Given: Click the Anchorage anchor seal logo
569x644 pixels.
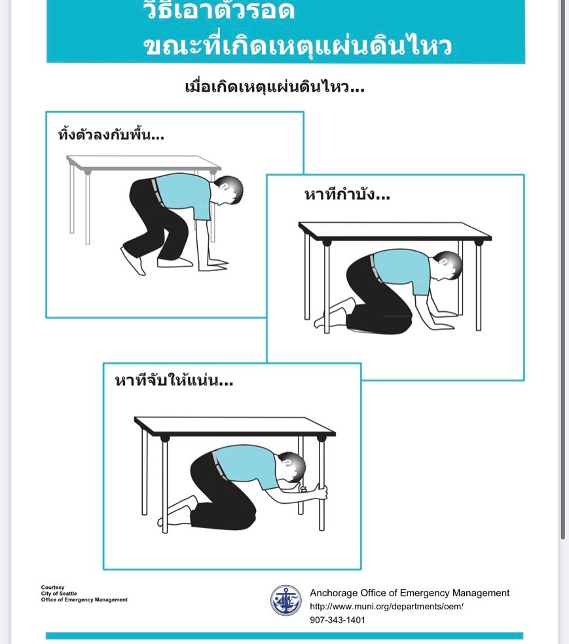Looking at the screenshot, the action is [x=285, y=600].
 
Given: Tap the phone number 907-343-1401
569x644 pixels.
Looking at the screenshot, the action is [x=337, y=620].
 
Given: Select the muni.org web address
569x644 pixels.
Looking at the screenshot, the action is [x=386, y=606].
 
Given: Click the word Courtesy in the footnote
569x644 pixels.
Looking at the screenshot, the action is [x=52, y=587].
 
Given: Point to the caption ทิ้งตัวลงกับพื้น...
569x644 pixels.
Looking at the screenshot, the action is [x=111, y=134].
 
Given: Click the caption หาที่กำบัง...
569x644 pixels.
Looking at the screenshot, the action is [x=347, y=194].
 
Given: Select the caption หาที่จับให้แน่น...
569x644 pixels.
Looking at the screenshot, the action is [x=174, y=381].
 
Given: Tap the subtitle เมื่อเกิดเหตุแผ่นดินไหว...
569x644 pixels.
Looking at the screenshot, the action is [x=274, y=86].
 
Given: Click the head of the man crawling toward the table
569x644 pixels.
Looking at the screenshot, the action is [x=229, y=190].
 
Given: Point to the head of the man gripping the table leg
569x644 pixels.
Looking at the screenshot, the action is [x=292, y=467].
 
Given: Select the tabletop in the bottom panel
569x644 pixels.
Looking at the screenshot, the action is [x=235, y=426].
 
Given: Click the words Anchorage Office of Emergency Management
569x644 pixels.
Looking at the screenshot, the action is [x=409, y=593].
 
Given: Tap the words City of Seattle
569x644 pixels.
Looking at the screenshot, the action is [x=59, y=594].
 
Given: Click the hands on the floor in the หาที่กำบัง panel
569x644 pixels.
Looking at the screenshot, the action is [x=443, y=320].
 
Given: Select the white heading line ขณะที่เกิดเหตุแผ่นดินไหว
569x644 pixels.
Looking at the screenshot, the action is [x=297, y=46].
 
